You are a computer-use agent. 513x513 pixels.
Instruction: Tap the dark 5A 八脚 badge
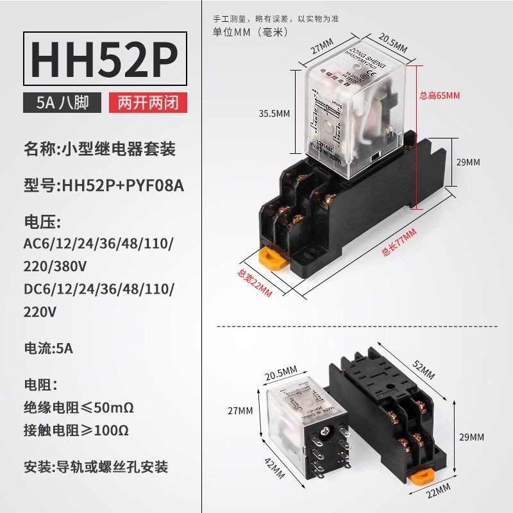point(62,103)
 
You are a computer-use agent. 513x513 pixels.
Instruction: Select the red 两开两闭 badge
point(148,103)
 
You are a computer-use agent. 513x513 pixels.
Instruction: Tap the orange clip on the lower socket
point(420,478)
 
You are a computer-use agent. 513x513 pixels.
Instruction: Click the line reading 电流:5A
point(48,349)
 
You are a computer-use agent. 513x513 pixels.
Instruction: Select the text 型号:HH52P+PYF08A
point(103,186)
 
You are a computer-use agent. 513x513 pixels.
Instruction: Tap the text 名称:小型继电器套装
point(99,149)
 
